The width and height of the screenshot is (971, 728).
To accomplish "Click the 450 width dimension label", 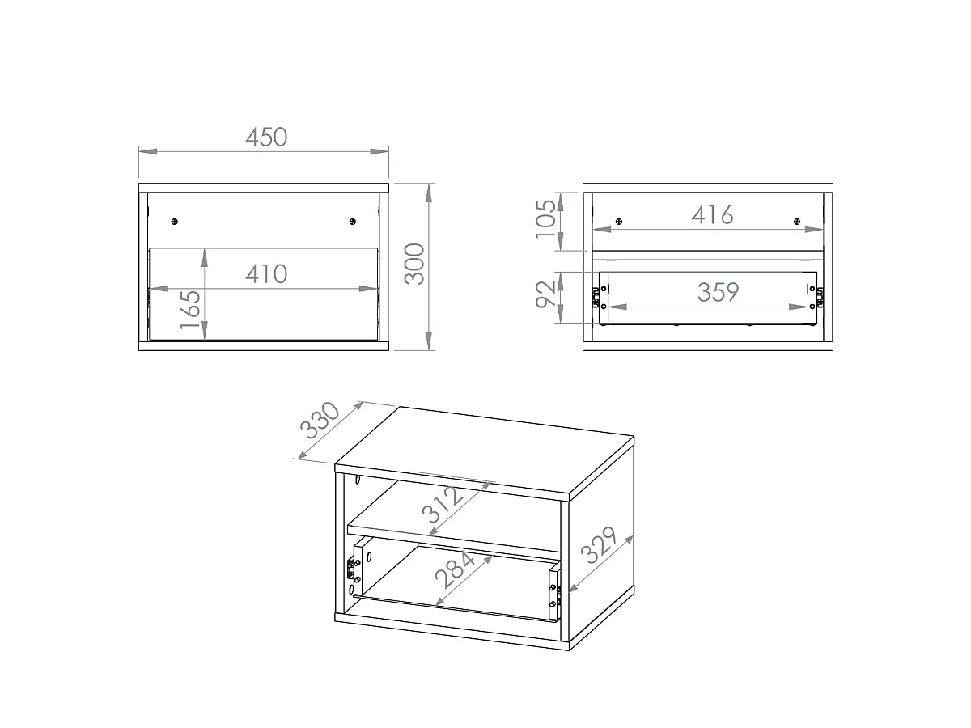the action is [266, 137].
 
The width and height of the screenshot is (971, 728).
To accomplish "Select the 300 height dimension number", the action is [414, 264].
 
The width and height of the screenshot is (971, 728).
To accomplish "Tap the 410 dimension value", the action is [266, 274].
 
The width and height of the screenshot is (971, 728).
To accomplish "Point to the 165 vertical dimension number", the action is [191, 310].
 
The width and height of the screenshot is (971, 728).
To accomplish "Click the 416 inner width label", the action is [712, 215].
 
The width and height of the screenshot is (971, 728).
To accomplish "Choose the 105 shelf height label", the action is [545, 218].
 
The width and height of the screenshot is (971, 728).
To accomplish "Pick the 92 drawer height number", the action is [545, 294].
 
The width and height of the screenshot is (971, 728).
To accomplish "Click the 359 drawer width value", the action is [718, 292].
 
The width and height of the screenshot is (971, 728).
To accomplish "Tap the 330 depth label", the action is [320, 420].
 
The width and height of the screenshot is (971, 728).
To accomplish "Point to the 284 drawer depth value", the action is [455, 569].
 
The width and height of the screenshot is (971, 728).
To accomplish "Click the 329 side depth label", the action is [598, 545].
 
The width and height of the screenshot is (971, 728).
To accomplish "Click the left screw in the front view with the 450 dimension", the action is [175, 222].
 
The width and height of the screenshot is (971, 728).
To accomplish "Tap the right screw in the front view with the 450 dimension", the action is [353, 222].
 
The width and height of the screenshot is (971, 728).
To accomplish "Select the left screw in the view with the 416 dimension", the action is [619, 222].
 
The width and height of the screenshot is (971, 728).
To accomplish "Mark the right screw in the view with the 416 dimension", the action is [797, 222].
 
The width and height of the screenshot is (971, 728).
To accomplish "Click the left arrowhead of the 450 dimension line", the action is [148, 151].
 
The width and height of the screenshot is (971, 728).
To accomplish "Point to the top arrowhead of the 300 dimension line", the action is [429, 193].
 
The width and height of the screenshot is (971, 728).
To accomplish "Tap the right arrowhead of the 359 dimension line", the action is [798, 307].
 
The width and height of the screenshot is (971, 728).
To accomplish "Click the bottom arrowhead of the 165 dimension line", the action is [205, 331].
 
